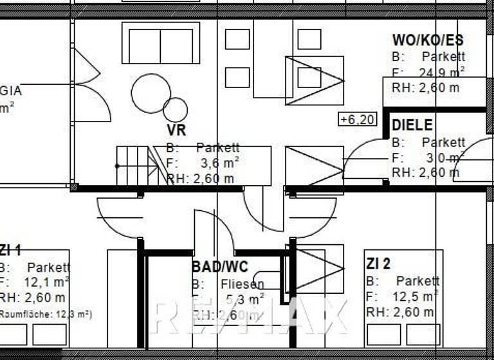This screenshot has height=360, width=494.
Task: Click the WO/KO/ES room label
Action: [428, 40]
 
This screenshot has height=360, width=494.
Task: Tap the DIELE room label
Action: [412, 125]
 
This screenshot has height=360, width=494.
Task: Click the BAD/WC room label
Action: [219, 267]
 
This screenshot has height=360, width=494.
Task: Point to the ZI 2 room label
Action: [378, 264]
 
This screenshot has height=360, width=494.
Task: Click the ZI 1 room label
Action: [10, 251]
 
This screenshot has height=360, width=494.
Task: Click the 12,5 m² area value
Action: [417, 296]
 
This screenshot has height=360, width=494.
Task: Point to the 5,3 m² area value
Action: [245, 299]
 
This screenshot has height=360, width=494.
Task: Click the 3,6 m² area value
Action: [219, 163]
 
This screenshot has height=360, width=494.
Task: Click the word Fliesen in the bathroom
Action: [242, 283]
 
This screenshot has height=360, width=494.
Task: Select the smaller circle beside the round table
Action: [175, 110]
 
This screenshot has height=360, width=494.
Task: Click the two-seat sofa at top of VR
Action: [160, 43]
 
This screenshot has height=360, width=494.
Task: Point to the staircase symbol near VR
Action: [136, 165]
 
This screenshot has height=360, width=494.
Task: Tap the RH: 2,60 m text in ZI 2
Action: [399, 312]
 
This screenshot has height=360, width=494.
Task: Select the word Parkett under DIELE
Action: [443, 142]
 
